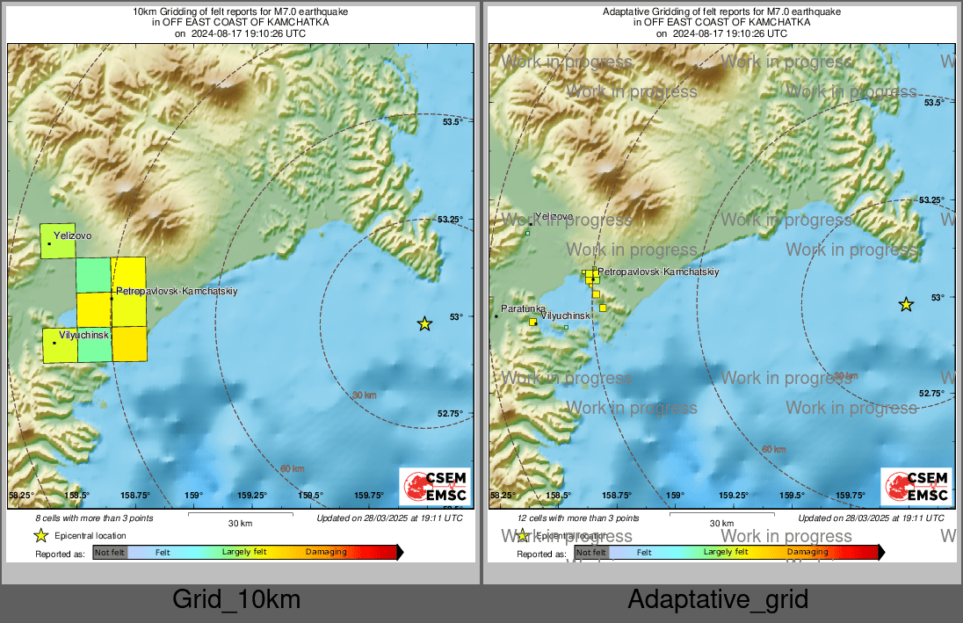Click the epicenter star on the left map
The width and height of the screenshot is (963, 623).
pyautogui.click(x=424, y=323)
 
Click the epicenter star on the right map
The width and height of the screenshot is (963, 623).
pyautogui.click(x=906, y=304)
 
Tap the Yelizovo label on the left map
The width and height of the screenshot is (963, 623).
pyautogui.click(x=72, y=235)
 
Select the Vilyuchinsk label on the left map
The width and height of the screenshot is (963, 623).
pyautogui.click(x=83, y=336)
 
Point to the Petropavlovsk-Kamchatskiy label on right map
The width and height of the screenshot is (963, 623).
pyautogui.click(x=659, y=272)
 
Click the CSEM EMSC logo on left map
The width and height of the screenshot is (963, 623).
pyautogui.click(x=434, y=487)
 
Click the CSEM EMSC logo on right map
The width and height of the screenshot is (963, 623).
pyautogui.click(x=916, y=487)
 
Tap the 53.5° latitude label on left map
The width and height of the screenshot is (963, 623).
pyautogui.click(x=452, y=121)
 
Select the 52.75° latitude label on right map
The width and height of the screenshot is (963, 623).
pyautogui.click(x=931, y=393)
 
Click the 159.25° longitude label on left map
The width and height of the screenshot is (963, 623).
pyautogui.click(x=252, y=496)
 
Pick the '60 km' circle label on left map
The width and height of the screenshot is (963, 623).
pyautogui.click(x=293, y=468)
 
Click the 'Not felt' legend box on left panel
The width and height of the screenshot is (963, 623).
pyautogui.click(x=110, y=552)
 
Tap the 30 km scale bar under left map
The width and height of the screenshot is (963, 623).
pyautogui.click(x=240, y=513)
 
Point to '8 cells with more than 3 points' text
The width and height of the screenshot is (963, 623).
pyautogui.click(x=94, y=518)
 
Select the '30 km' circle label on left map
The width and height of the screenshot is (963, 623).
pyautogui.click(x=364, y=395)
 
